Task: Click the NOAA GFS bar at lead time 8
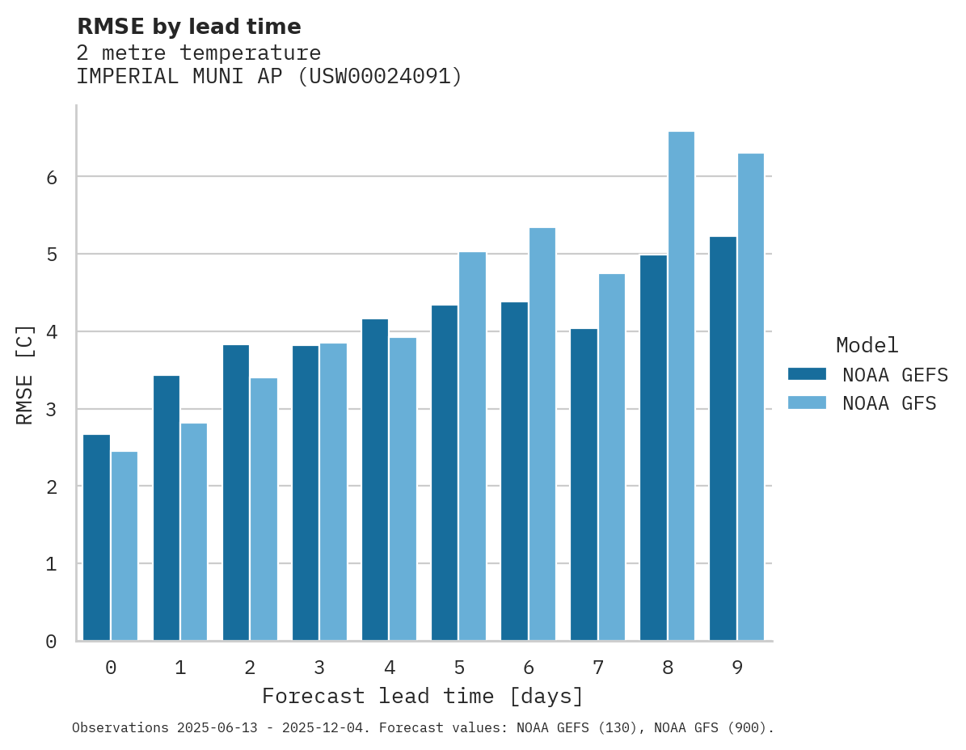[x=681, y=386]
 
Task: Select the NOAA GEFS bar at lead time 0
[x=96, y=537]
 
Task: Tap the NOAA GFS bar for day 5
[x=472, y=446]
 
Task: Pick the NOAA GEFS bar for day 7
[x=584, y=484]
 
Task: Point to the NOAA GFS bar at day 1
[x=194, y=532]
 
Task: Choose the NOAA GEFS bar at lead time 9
[x=723, y=438]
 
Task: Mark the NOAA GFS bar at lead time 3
[x=333, y=491]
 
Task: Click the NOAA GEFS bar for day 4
[x=375, y=479]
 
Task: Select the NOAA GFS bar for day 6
[x=542, y=434]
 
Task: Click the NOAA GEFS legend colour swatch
[x=807, y=374]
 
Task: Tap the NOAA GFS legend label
[x=889, y=403]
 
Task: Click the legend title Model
[x=867, y=346]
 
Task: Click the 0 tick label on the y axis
[x=50, y=642]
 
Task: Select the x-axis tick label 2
[x=250, y=668]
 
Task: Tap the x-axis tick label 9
[x=737, y=668]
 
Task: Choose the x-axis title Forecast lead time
[x=422, y=696]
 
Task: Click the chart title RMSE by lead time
[x=188, y=27]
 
